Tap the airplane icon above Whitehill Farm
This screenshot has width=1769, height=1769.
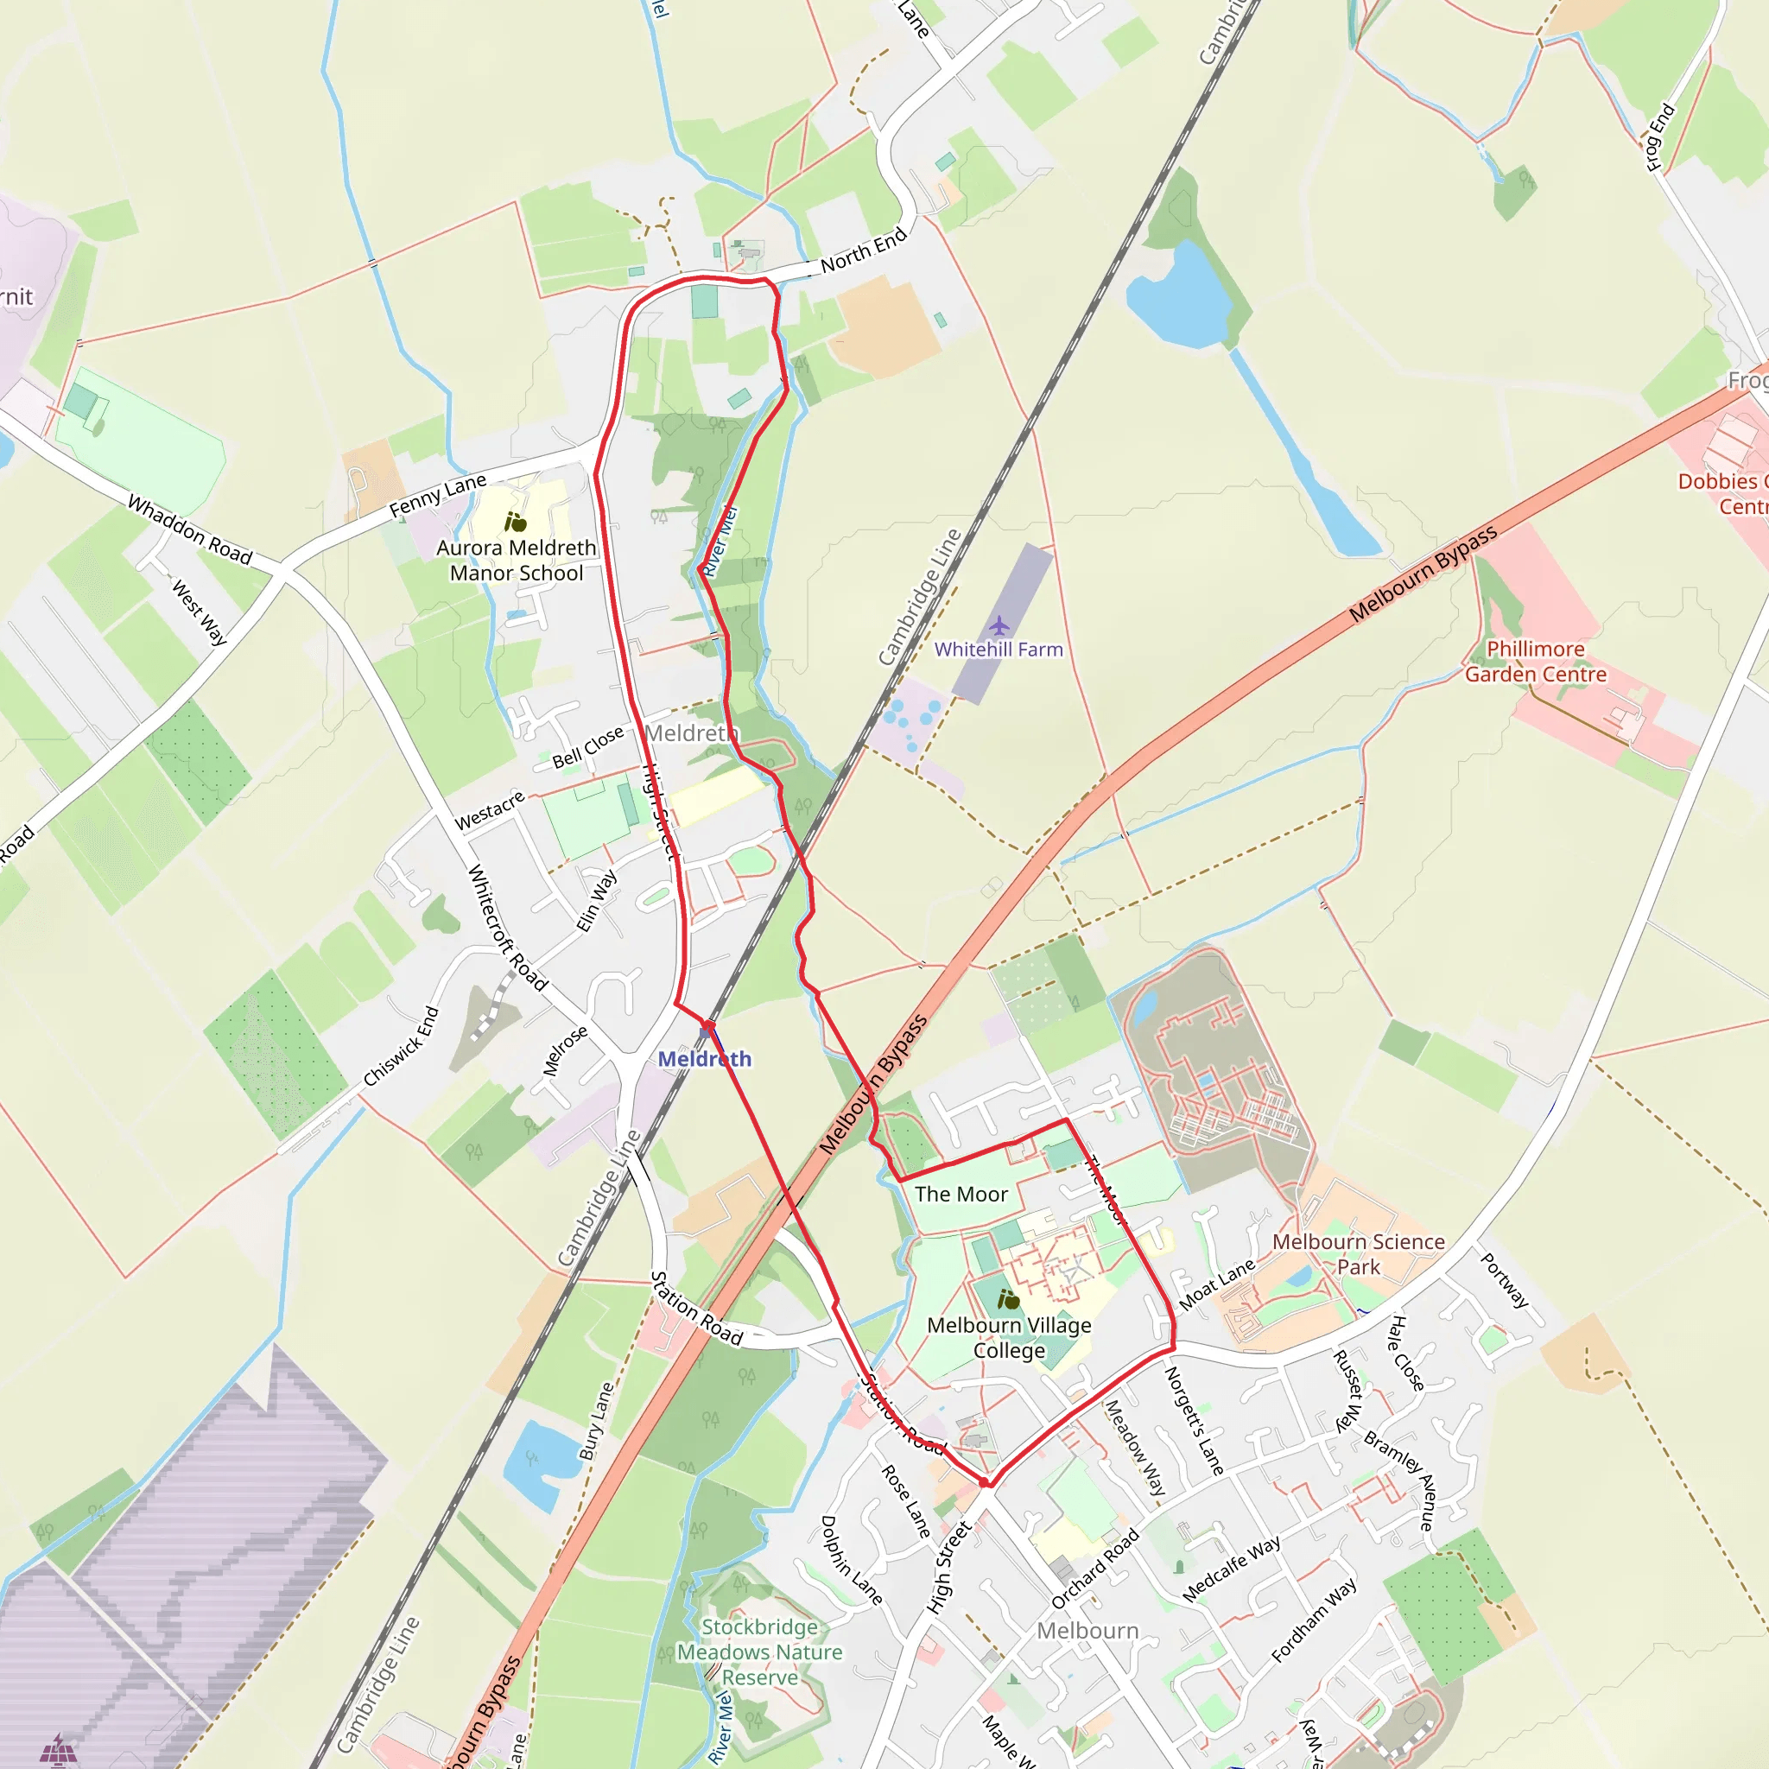click(x=999, y=625)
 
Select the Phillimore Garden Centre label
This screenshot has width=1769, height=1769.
click(x=1536, y=661)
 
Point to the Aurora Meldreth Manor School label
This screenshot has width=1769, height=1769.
click(x=517, y=561)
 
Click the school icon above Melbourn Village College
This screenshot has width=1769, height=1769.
click(x=1008, y=1299)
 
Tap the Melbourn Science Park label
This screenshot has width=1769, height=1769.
click(x=1359, y=1253)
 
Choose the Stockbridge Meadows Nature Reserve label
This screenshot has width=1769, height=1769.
click(x=760, y=1652)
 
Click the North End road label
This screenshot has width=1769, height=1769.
click(x=864, y=249)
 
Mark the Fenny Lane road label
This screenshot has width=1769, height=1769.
click(x=438, y=495)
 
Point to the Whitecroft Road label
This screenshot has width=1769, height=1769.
click(x=507, y=928)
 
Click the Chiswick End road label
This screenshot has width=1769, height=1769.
click(x=402, y=1047)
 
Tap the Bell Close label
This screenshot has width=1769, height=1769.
click(x=588, y=746)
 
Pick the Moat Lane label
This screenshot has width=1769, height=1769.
click(x=1216, y=1284)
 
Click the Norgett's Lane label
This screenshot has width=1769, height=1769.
click(x=1194, y=1420)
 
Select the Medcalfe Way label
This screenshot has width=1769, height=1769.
click(x=1232, y=1569)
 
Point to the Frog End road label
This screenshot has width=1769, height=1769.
click(x=1660, y=137)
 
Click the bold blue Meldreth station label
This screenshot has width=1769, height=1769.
click(x=704, y=1058)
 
